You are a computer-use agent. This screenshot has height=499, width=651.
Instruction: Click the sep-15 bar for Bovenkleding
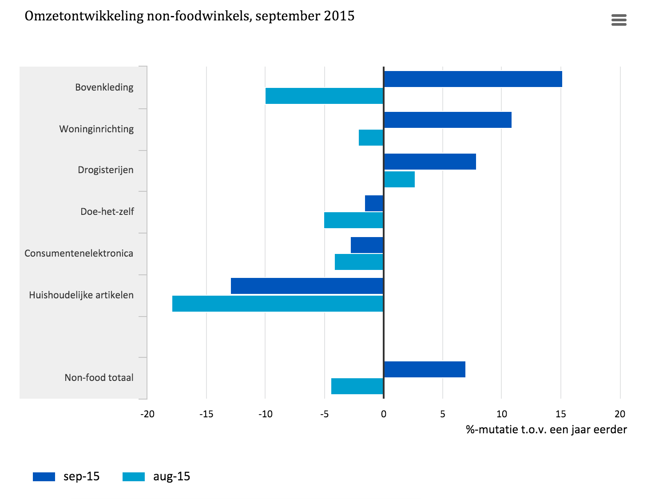(472, 79)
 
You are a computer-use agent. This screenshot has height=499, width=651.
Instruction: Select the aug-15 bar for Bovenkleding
(324, 96)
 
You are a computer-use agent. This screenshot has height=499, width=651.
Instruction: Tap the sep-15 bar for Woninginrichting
(447, 120)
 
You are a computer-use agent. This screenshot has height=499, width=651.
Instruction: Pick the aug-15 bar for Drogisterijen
(399, 179)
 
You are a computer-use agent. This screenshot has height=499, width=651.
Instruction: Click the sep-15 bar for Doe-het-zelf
(374, 203)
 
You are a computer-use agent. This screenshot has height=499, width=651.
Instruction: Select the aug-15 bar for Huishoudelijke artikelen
(278, 304)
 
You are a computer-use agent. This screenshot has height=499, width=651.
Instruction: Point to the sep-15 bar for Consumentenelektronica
(367, 245)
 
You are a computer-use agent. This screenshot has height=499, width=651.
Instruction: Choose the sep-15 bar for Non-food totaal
(424, 369)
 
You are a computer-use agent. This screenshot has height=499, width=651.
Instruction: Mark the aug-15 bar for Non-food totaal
(357, 386)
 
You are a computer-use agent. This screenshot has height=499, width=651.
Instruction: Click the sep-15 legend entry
(67, 477)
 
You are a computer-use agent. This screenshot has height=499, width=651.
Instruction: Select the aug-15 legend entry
(156, 477)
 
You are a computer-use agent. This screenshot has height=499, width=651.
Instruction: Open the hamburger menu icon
(619, 20)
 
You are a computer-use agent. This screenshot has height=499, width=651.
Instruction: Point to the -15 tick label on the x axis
(206, 414)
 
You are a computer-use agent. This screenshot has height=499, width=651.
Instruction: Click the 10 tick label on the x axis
(501, 414)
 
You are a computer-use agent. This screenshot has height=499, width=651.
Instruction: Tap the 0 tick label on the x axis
(383, 414)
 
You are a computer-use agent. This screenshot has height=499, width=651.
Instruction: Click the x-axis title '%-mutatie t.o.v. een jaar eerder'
(546, 430)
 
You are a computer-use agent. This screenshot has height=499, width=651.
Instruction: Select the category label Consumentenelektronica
(79, 253)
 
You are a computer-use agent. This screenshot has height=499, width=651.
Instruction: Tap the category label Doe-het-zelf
(107, 212)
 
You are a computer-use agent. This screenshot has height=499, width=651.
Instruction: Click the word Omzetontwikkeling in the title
(84, 16)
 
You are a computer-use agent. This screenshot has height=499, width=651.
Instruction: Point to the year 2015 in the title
(339, 16)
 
